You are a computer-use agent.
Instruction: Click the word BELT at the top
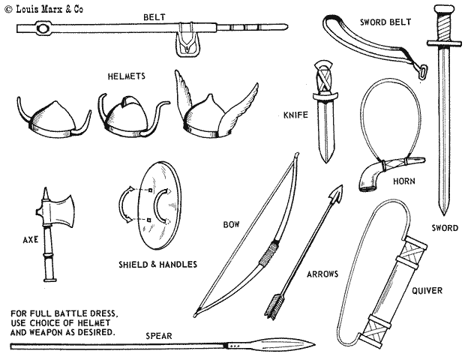point(154,16)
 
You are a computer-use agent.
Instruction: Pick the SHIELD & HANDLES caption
point(157,264)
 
